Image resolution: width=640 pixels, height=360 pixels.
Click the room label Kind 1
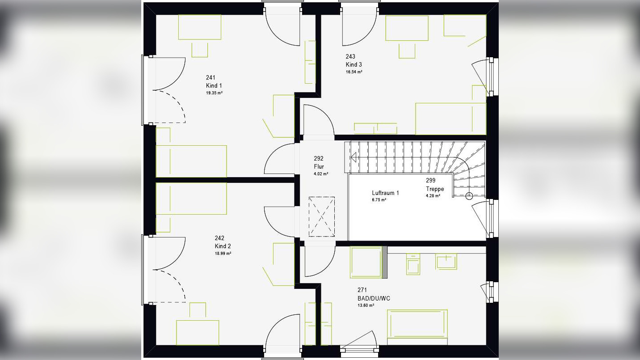pos(214,85)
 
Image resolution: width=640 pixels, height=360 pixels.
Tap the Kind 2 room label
pos(223,246)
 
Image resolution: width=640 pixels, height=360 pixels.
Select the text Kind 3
pos(354,65)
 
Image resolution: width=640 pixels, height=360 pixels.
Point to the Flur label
pos(319,166)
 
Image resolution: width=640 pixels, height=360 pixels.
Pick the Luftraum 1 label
pos(385,193)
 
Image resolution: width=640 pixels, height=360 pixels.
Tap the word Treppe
pos(435,189)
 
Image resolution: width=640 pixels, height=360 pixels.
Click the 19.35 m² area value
pos(214,93)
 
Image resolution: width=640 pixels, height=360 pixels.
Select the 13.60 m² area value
pos(366,305)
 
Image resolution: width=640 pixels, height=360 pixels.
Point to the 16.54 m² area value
pos(354,72)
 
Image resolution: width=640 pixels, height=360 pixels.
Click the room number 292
pos(319,158)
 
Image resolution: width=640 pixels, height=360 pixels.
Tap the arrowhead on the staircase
pos(353,157)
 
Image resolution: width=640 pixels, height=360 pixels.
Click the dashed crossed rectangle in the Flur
pos(322,217)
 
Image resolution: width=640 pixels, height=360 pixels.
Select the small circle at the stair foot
pos(469,196)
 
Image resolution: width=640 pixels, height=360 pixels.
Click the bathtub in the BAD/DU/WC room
pos(417,324)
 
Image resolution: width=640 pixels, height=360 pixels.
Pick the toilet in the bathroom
pos(413,264)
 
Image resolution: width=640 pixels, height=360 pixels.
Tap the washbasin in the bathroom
pos(446,262)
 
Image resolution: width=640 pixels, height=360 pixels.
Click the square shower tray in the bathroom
pos(366,262)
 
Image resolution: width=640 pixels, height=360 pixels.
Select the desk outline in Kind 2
pos(198,333)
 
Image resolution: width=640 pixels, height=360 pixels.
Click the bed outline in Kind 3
pos(451,119)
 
